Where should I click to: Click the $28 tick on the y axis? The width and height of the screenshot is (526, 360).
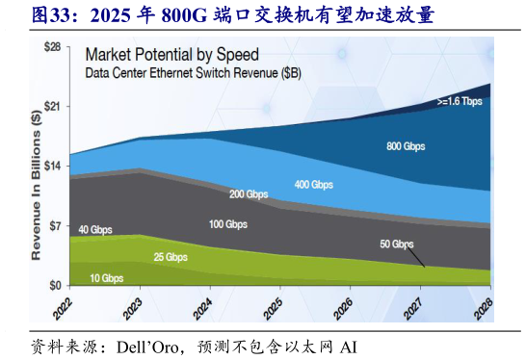tap(54, 46)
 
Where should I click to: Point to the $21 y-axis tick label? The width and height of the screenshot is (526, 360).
tap(54, 106)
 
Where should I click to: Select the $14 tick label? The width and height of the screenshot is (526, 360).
tap(54, 166)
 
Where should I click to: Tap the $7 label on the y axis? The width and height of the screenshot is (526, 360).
tap(57, 225)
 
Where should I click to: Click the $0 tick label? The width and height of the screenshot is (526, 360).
tap(57, 285)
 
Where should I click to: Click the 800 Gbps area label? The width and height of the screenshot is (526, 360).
tap(406, 146)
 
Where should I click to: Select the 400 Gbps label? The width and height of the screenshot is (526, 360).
tap(314, 183)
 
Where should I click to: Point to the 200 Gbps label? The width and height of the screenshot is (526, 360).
tap(250, 193)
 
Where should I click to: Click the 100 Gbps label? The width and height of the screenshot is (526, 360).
tap(227, 224)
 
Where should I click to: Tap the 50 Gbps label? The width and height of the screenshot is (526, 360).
tap(396, 244)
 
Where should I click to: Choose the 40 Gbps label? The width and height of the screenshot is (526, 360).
tap(96, 229)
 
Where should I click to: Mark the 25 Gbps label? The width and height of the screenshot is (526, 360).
tap(171, 257)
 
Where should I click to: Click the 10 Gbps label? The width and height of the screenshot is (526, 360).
tap(106, 278)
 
